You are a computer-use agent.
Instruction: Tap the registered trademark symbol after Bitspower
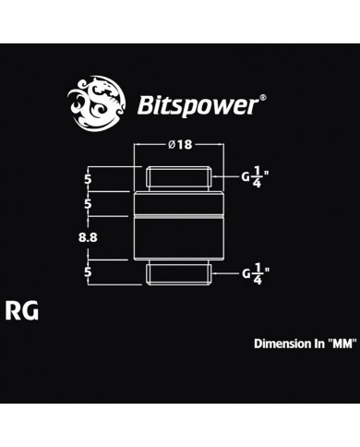click(265, 95)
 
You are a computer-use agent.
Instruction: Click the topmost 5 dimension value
click(87, 175)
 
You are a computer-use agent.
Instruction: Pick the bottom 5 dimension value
click(87, 272)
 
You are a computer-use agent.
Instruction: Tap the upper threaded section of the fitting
click(179, 175)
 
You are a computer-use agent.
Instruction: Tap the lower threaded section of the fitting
click(179, 272)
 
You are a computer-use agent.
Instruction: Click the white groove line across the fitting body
click(179, 215)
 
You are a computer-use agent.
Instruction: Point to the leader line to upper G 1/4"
click(227, 175)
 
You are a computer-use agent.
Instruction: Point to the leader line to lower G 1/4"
click(227, 273)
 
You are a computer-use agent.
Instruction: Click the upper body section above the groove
click(179, 202)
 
